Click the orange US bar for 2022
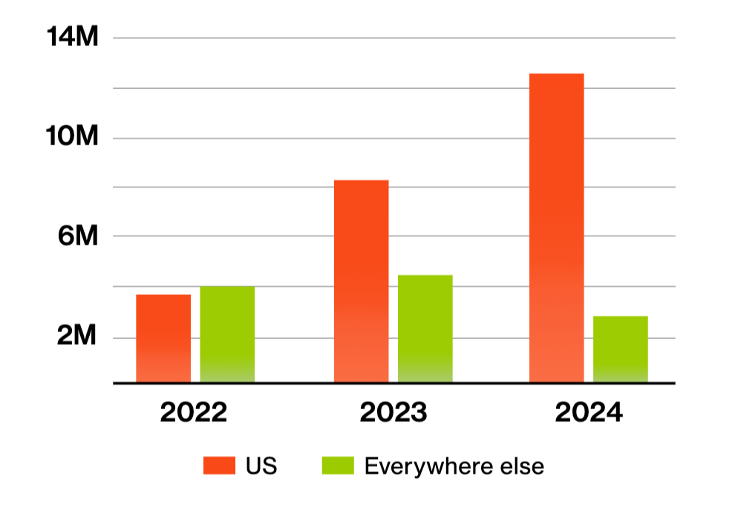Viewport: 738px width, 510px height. [x=163, y=339]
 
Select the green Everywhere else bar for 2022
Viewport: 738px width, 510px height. [x=227, y=334]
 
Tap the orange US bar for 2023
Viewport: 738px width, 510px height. [x=361, y=282]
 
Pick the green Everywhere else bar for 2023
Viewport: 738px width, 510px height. [x=425, y=329]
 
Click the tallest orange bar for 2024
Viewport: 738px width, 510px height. [x=556, y=228]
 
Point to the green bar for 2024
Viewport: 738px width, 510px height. [x=620, y=349]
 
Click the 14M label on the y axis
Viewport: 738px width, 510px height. [x=73, y=38]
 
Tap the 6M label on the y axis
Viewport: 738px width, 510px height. [x=78, y=236]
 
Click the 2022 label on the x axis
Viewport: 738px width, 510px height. [x=194, y=412]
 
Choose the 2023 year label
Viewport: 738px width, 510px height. [x=393, y=412]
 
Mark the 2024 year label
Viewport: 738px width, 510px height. [x=589, y=412]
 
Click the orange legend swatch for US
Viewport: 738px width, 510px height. [x=218, y=466]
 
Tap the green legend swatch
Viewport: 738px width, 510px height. [x=336, y=466]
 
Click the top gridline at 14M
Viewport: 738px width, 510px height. [x=394, y=38]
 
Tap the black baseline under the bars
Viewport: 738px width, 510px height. [x=394, y=383]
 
